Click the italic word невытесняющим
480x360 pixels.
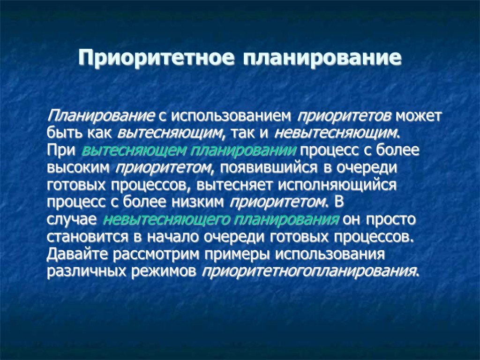tap(337, 133)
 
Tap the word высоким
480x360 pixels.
tap(79, 167)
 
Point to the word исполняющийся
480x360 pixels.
tap(337, 185)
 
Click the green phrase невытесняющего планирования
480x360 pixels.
tap(221, 219)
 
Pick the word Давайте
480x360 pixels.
tap(76, 254)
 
